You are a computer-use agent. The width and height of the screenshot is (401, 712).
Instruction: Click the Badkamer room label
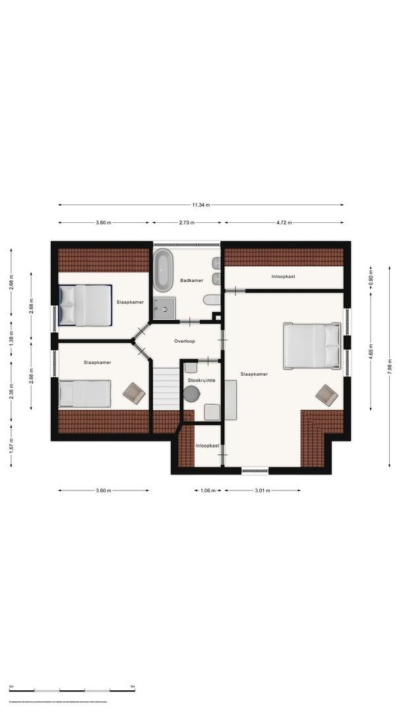point(191,281)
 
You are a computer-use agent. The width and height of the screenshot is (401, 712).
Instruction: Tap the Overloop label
point(185,341)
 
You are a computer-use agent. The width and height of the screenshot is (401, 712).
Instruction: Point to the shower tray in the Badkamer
point(165,307)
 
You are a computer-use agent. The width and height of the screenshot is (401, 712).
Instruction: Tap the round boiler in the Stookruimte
point(191,394)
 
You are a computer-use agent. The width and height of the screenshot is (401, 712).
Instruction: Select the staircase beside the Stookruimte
point(166,390)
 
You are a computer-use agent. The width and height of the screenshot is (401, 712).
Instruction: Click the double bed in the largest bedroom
point(313,345)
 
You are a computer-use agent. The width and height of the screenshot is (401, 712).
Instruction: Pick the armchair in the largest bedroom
point(326,394)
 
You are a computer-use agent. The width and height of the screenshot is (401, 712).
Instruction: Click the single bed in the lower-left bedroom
point(84,394)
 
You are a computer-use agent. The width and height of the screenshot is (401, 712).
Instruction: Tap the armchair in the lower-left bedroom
point(134,394)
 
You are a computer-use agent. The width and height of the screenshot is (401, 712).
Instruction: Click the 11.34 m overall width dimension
point(200,205)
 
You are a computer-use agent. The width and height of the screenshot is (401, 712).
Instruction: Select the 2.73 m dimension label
point(188,223)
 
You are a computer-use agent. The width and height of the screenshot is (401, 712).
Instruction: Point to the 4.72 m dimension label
point(284,223)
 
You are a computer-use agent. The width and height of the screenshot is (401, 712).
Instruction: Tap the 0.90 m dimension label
point(371,279)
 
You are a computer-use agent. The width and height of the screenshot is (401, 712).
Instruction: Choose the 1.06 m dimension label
point(208,490)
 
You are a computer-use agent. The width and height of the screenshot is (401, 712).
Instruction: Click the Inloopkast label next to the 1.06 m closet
point(207,446)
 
